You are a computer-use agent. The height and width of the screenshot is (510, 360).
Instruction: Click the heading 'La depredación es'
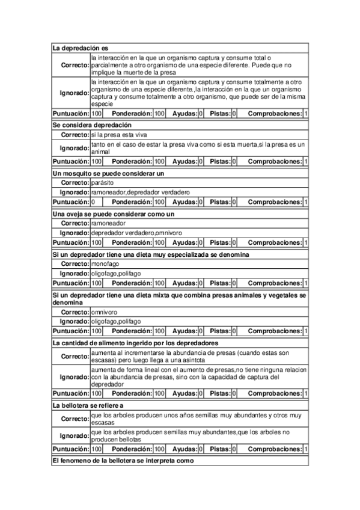tap(80, 48)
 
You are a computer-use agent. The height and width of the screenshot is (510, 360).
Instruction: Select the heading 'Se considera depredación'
tap(92, 124)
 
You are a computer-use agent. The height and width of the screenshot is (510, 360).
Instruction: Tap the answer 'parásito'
tap(102, 182)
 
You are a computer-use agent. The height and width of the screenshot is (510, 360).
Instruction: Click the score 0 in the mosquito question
tap(93, 201)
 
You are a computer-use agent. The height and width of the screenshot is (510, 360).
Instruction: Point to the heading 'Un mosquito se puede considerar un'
tap(108, 173)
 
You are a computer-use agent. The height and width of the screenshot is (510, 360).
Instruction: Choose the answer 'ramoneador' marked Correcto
tap(108, 223)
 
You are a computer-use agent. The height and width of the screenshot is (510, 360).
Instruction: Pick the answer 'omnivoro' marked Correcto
tap(104, 312)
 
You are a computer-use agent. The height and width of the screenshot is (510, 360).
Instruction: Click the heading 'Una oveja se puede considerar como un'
tap(114, 214)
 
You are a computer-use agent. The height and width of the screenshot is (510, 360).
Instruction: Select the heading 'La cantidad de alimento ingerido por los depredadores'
tap(135, 342)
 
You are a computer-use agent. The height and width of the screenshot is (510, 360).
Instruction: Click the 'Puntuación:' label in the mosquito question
tap(71, 201)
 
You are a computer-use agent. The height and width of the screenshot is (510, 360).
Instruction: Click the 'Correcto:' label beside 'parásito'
tap(75, 182)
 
